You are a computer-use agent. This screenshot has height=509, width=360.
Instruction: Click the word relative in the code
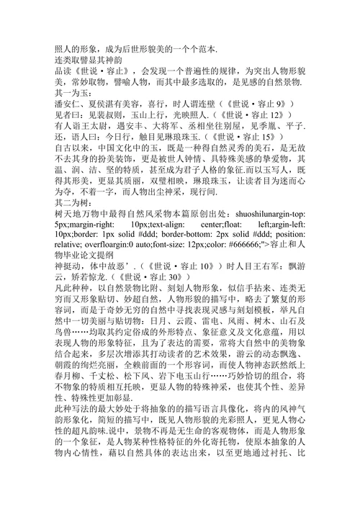pyautogui.click(x=73, y=256)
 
